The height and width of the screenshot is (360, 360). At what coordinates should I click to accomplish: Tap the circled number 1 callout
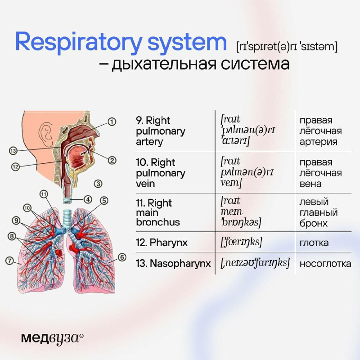point(112,121)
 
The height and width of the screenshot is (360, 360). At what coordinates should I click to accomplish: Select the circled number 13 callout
point(13,151)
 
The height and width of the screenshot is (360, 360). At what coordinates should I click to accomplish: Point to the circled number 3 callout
point(98,184)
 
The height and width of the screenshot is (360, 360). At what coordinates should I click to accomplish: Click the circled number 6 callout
point(122,257)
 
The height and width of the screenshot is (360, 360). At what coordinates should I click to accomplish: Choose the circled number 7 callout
point(9,261)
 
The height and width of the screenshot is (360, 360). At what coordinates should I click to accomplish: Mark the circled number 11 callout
point(44,194)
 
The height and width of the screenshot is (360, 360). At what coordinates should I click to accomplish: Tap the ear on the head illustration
point(46,134)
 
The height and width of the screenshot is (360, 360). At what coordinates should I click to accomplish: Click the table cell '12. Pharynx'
point(162,243)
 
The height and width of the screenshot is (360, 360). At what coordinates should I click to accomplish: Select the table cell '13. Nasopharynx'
point(173,264)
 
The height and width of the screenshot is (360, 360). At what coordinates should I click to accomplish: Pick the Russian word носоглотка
point(325,264)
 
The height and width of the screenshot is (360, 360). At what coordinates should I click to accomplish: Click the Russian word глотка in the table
point(314,243)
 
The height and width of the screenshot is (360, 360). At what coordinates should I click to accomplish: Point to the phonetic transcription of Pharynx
point(241,242)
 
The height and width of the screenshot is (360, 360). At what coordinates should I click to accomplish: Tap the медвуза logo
point(52,338)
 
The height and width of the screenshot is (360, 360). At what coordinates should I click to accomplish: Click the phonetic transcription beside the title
point(287,47)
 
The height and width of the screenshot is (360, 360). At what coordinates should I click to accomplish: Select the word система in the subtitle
point(255,63)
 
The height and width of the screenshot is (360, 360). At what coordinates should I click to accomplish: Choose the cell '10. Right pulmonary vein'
point(161,173)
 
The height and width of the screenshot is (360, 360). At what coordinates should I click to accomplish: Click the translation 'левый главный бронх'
point(319,212)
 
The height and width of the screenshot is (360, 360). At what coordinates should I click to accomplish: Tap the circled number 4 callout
point(88,199)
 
